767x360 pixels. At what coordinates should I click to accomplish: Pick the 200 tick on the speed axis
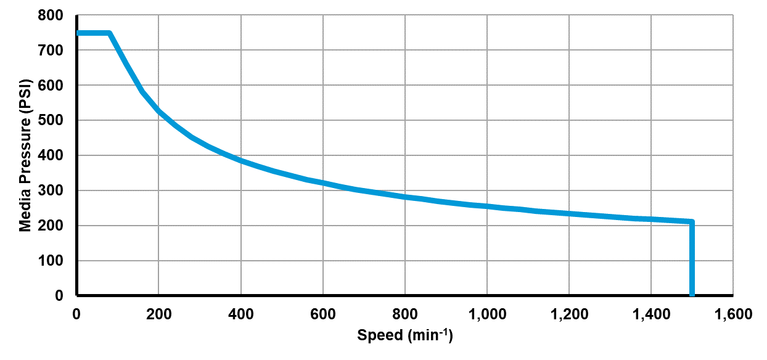(158, 314)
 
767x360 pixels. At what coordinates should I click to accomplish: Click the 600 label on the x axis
(322, 314)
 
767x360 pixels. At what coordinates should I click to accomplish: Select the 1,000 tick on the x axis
(486, 314)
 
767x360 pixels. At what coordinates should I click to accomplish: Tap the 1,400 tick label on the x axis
(650, 314)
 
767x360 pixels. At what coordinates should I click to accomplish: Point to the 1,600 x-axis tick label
(732, 314)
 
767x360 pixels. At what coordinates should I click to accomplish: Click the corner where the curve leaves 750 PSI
(109, 33)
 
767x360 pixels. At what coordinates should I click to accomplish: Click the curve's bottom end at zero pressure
(692, 295)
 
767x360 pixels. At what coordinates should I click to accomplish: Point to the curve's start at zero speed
(78, 33)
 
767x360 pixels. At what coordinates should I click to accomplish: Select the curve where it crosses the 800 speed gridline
(404, 197)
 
